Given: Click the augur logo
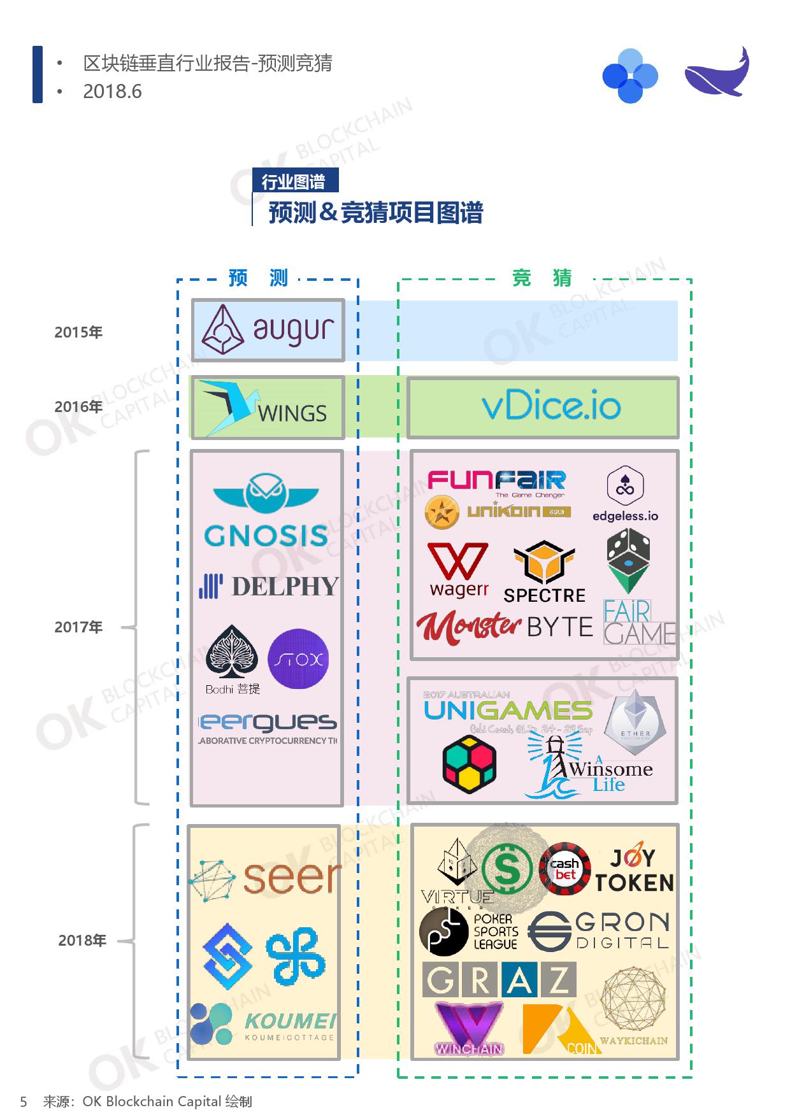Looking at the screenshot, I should click(268, 331).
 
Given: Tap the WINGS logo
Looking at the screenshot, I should click(268, 408).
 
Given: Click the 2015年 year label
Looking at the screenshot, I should click(78, 332).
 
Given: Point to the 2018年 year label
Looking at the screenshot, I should click(82, 941).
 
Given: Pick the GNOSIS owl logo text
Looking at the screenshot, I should click(266, 536).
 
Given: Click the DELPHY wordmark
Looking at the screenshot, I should click(284, 587).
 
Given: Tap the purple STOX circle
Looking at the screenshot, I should click(298, 659).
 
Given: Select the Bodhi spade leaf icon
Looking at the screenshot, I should click(232, 651).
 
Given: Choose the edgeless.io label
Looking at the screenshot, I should click(625, 516).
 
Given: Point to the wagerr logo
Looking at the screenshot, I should click(459, 571).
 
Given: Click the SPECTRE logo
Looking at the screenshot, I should click(544, 572).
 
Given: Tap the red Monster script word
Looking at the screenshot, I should click(469, 627).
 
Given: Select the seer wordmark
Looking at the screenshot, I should click(291, 878).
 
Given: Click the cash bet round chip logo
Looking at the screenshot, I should click(564, 869).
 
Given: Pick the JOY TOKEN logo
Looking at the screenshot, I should click(634, 871).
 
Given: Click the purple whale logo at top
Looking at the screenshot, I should click(717, 73).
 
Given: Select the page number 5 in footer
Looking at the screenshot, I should click(24, 1102).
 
